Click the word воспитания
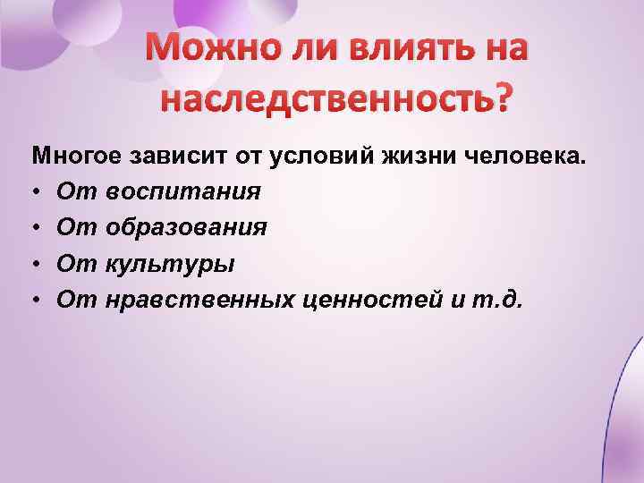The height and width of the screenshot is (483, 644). click(x=182, y=192)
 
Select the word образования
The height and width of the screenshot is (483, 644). click(x=185, y=228)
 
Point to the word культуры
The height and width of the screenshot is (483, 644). click(x=170, y=264)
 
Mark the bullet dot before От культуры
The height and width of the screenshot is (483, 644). click(x=37, y=265)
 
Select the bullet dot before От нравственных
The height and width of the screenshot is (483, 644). click(x=37, y=301)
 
